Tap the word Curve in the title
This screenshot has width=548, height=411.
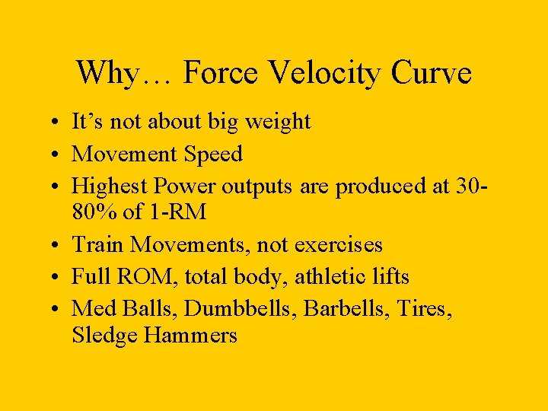tap(432, 73)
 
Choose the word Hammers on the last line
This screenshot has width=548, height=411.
tap(193, 335)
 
